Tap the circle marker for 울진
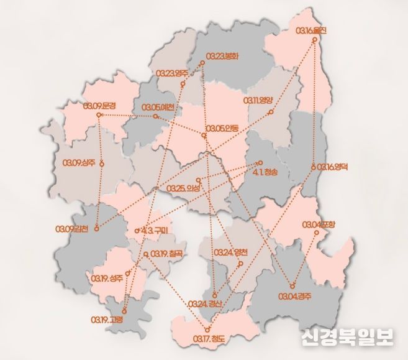(314, 40)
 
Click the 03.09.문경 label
(99, 106)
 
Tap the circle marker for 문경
(99, 116)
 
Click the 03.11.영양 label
(258, 100)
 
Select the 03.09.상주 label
(79, 163)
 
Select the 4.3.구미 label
(155, 230)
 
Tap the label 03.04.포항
(319, 224)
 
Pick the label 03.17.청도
(209, 338)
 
